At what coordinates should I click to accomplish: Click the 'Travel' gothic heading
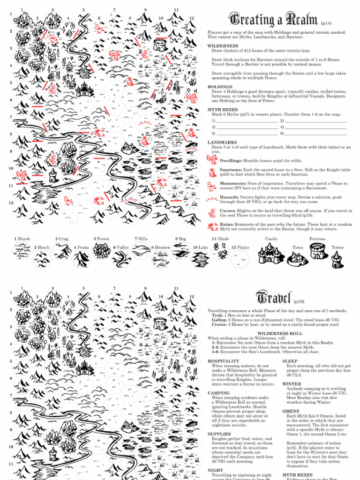pos(274,297)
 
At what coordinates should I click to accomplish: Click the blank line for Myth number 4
pos(316,127)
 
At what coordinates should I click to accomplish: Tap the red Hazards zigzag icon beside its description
pos(212,199)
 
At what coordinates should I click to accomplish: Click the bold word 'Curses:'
pos(228,211)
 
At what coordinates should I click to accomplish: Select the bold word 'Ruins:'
pos(228,225)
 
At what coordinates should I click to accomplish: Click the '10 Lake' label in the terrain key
pos(201,247)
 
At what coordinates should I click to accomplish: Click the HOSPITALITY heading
pos(223,361)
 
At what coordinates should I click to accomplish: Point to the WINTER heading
pos(292,384)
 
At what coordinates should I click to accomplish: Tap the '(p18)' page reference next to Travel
pos(300,301)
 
